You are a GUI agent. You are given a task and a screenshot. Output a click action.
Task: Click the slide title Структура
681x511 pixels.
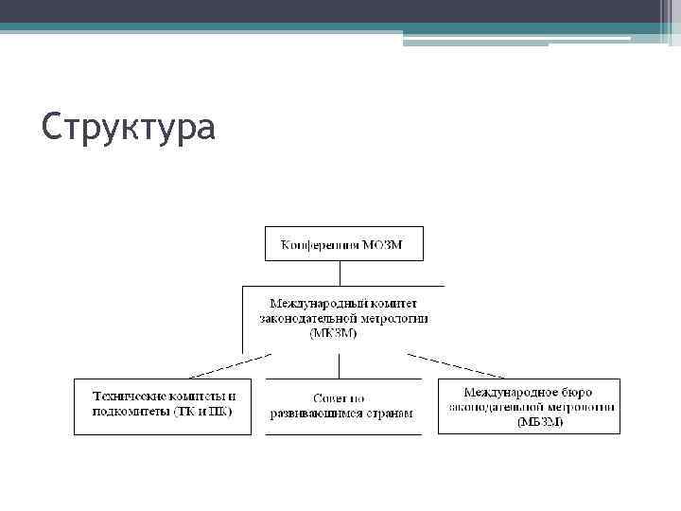pyautogui.click(x=129, y=127)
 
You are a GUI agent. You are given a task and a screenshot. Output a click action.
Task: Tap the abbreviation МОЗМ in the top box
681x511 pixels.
pyautogui.click(x=382, y=246)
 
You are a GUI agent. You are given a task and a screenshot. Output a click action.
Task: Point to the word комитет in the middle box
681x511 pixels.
pyautogui.click(x=393, y=304)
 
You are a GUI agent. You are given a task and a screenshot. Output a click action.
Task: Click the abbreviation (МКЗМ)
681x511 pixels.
pyautogui.click(x=334, y=334)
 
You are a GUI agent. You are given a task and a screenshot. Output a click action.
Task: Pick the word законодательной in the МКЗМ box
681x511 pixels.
pyautogui.click(x=307, y=319)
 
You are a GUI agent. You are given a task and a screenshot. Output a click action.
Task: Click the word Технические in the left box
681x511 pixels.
pyautogui.click(x=129, y=396)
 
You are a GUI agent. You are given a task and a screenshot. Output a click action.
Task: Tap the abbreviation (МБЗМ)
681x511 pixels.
pyautogui.click(x=540, y=421)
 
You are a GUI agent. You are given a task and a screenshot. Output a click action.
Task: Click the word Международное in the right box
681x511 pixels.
pyautogui.click(x=510, y=391)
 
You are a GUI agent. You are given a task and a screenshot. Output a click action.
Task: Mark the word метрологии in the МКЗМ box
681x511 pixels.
pyautogui.click(x=395, y=319)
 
